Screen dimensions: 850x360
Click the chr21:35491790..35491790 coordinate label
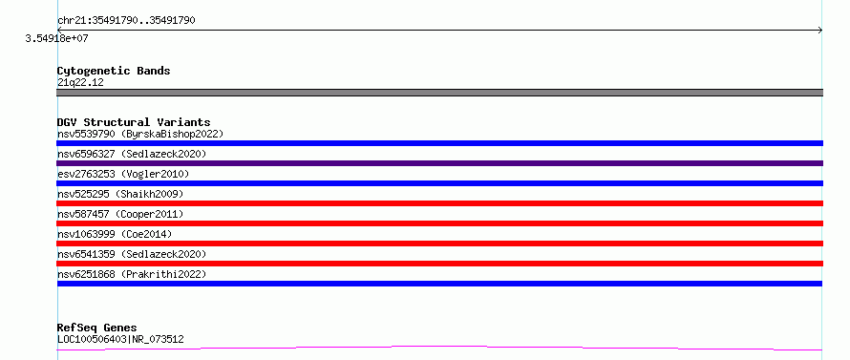tap(126, 21)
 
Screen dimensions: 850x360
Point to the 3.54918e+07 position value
tap(57, 39)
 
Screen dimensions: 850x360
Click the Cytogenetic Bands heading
tap(114, 71)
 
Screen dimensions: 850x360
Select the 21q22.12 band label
tap(80, 83)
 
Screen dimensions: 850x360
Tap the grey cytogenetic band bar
tap(439, 93)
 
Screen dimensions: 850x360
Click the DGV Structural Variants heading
tap(134, 122)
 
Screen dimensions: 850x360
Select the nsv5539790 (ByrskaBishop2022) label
tap(140, 134)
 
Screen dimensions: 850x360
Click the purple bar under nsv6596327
tap(439, 163)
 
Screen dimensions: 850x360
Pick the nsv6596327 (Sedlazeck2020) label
tap(132, 154)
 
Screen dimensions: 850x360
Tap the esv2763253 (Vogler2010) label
tap(123, 174)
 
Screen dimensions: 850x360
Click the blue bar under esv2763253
tap(439, 183)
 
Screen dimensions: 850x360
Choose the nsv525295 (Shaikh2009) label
tap(120, 194)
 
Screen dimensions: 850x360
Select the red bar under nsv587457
tap(439, 223)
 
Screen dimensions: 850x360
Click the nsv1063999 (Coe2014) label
tap(115, 234)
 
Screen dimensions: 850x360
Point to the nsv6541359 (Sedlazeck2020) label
tap(132, 254)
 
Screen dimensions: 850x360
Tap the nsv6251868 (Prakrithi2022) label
tap(132, 274)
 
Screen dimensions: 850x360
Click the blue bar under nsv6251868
tap(439, 284)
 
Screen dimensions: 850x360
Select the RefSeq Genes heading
tap(97, 328)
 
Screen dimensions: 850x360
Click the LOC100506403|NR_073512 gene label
tap(120, 340)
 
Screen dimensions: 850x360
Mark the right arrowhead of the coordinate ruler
tap(821, 31)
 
